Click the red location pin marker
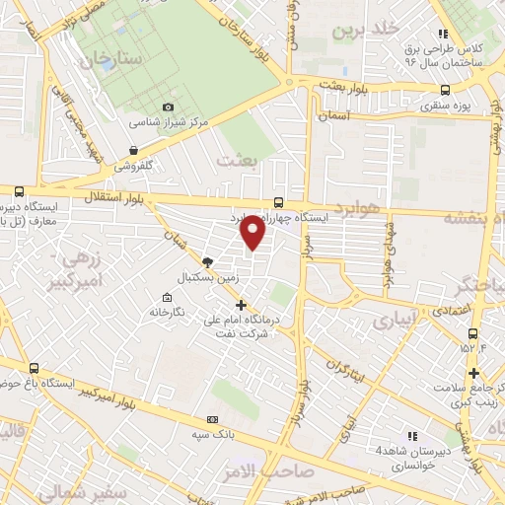252,233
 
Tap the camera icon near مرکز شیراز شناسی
168,107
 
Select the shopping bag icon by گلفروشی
133,150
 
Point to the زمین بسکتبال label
206,278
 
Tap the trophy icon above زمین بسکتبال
206,261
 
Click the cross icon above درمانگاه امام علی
241,305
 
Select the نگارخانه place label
168,312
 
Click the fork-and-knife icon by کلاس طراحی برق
444,33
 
